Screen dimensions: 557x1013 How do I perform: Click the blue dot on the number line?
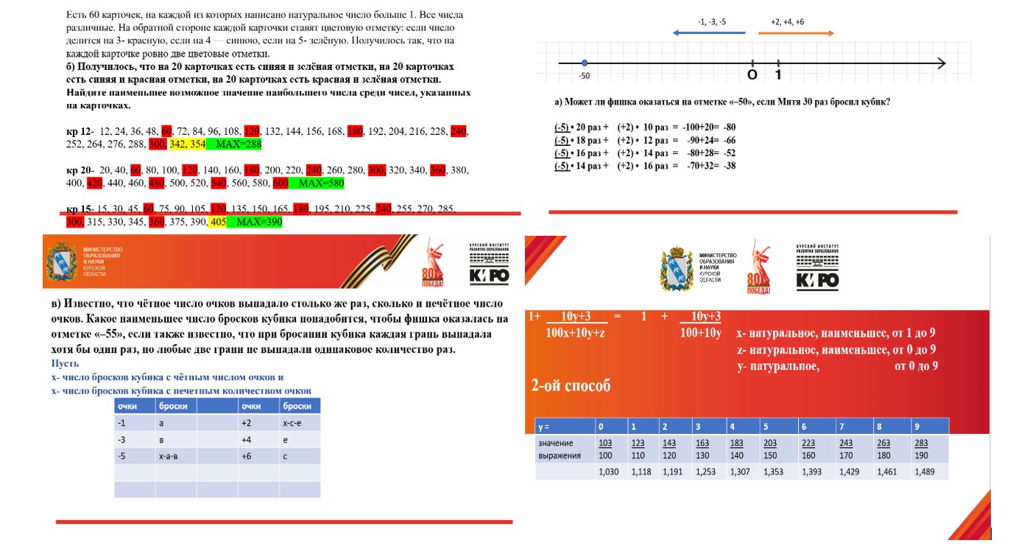[x=584, y=63]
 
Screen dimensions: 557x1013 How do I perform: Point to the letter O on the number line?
[x=752, y=75]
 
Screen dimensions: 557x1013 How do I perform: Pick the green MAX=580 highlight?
[x=316, y=183]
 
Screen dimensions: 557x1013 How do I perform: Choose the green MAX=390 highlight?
[x=254, y=222]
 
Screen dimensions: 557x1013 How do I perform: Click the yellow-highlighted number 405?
[x=217, y=222]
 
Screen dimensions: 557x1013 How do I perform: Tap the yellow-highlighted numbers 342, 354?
[x=187, y=143]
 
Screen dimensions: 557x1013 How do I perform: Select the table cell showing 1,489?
[x=924, y=472]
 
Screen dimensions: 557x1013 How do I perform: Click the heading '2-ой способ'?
[x=571, y=385]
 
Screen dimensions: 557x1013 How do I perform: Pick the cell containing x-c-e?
[x=292, y=423]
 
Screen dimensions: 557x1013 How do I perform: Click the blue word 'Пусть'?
[x=65, y=364]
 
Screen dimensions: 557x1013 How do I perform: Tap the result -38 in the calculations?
[x=730, y=167]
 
